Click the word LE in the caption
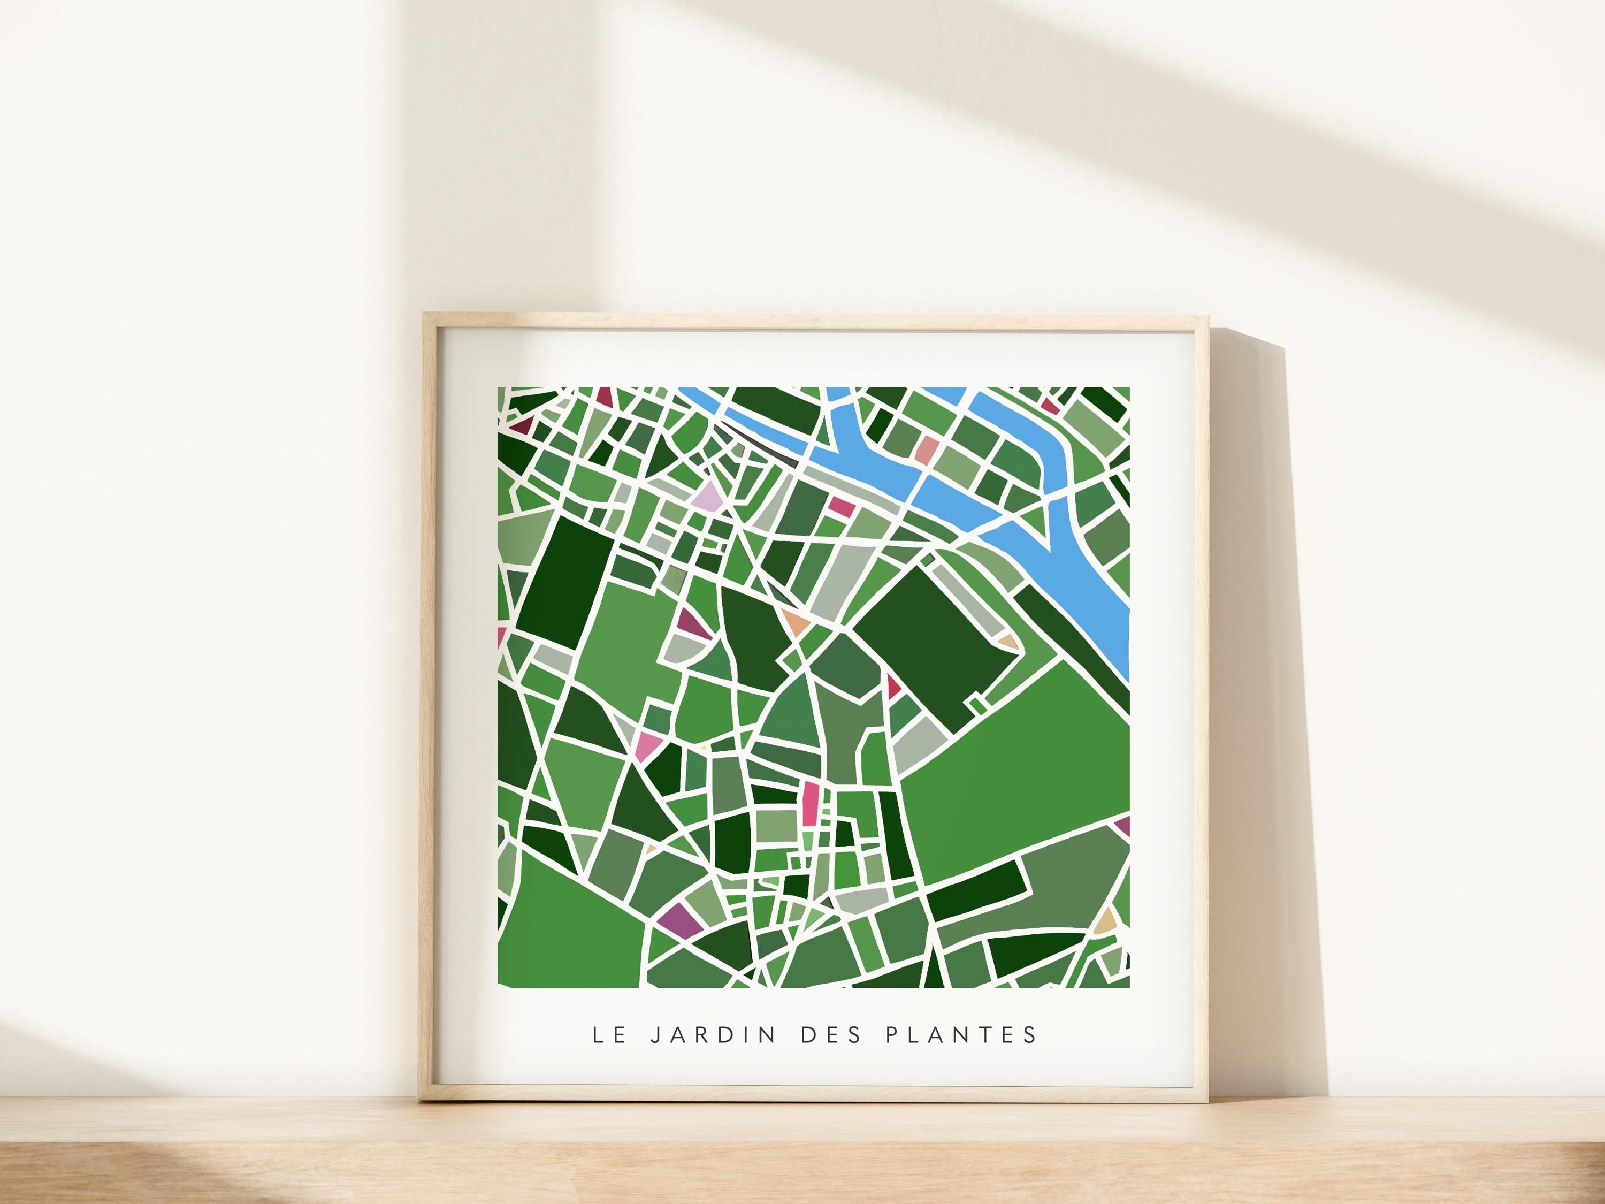coord(609,1034)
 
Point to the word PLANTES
coord(961,1034)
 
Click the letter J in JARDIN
coord(655,1034)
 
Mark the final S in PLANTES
coord(1031,1034)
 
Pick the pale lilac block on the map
coord(707,500)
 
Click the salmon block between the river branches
coord(927,450)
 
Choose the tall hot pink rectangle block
coord(811,803)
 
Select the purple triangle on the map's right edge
coord(1123,825)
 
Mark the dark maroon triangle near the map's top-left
coord(522,424)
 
